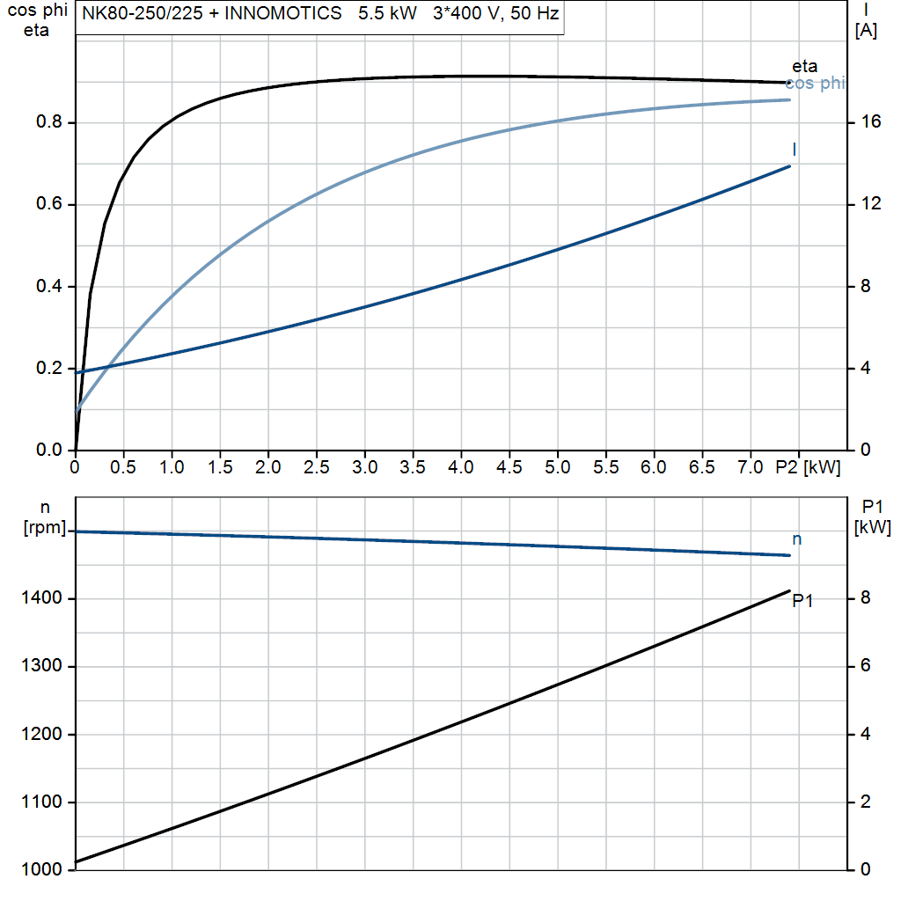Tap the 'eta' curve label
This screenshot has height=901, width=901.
[804, 66]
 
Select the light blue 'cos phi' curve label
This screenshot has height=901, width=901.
[815, 84]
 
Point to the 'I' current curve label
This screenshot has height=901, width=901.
[795, 148]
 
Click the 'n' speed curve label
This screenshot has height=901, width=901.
[796, 538]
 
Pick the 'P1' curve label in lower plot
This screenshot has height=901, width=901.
[802, 601]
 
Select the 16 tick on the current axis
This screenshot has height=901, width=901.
[871, 122]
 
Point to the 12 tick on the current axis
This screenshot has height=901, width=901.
[871, 204]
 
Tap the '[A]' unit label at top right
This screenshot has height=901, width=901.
[867, 30]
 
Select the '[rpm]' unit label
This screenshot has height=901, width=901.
[45, 527]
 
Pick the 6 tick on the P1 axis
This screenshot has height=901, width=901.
[865, 666]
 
